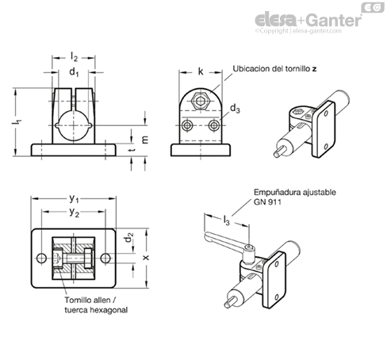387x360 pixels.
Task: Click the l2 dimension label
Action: coord(74,57)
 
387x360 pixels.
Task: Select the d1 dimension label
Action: coord(74,72)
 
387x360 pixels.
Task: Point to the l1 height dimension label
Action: coord(17,122)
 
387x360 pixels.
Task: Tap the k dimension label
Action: coord(201,71)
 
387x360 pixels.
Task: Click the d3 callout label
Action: coord(235,109)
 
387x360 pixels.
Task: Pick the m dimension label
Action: coord(145,140)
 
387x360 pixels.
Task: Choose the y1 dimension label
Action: coord(74,198)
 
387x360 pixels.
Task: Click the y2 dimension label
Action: coord(75,212)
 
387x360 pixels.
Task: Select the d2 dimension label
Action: coord(129,237)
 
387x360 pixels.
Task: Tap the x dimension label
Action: coord(146,257)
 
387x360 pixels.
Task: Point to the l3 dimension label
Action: coord(226,220)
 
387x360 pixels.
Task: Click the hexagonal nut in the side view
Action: coord(201,101)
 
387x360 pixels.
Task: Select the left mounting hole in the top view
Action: coord(41,259)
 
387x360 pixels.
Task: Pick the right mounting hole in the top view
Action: coord(105,259)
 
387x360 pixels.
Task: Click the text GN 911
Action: coord(267,202)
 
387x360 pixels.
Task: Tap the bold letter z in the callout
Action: coord(314,69)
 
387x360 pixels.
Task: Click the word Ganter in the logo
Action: coord(335,20)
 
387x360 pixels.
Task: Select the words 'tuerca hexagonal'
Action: coord(96,310)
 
